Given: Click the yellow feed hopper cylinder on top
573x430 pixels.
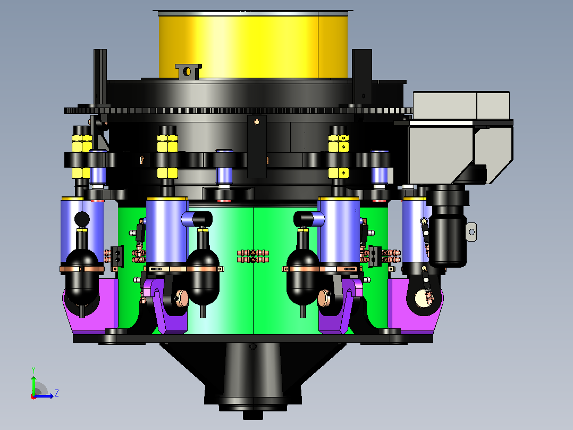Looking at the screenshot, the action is [x=253, y=45].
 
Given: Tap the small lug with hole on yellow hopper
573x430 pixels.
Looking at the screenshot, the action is [x=188, y=71].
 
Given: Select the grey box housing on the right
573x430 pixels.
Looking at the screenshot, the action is [x=461, y=138].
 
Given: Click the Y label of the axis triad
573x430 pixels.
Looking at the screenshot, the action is [x=33, y=370].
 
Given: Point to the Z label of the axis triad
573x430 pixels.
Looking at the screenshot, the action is [x=57, y=393].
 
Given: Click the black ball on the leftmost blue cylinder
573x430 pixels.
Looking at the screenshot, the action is [x=82, y=219].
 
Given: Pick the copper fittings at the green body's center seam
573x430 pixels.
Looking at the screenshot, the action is [x=253, y=256].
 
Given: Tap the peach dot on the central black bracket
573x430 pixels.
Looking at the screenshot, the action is [x=257, y=122].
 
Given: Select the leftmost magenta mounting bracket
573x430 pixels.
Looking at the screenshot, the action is [x=90, y=306].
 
